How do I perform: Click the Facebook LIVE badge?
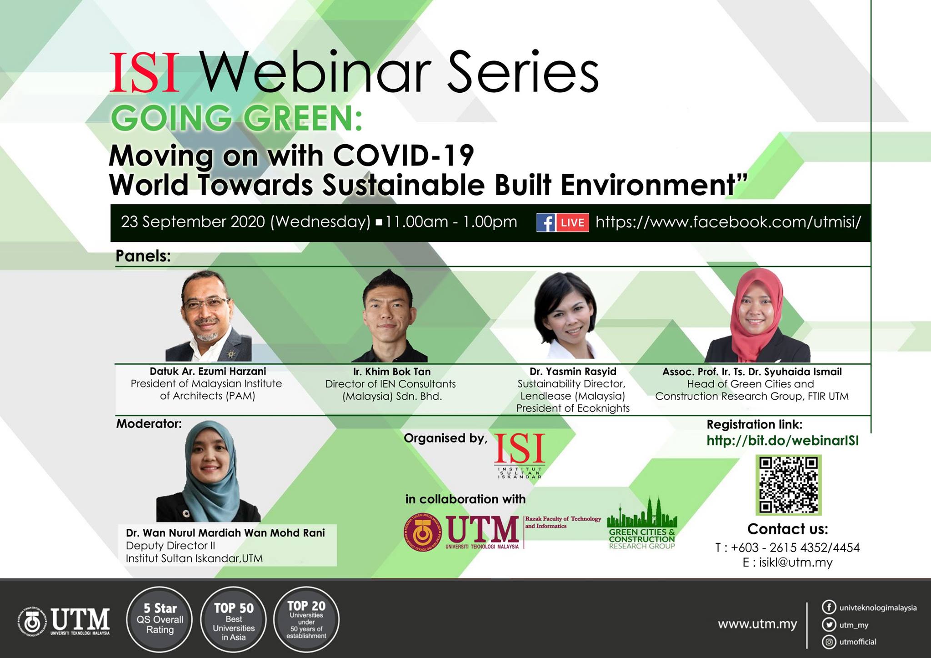[563, 222]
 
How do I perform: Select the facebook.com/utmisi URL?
[728, 222]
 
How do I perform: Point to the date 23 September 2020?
[193, 222]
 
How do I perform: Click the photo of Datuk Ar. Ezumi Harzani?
[208, 316]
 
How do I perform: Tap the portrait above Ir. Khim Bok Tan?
[390, 316]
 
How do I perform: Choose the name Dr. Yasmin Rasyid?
[573, 372]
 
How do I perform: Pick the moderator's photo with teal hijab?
[209, 471]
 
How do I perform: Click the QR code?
[788, 485]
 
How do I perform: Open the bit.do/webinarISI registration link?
[782, 441]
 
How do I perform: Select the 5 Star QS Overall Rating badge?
[160, 619]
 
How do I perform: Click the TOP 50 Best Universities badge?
[234, 620]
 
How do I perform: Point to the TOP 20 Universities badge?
[306, 620]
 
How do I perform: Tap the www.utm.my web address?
[757, 624]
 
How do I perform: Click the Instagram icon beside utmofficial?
[829, 642]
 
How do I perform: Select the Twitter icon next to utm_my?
[829, 624]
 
